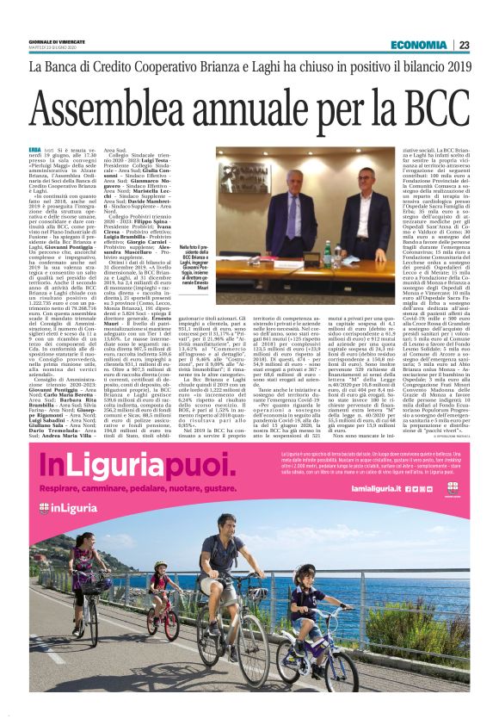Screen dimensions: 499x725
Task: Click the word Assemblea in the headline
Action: (142, 110)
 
